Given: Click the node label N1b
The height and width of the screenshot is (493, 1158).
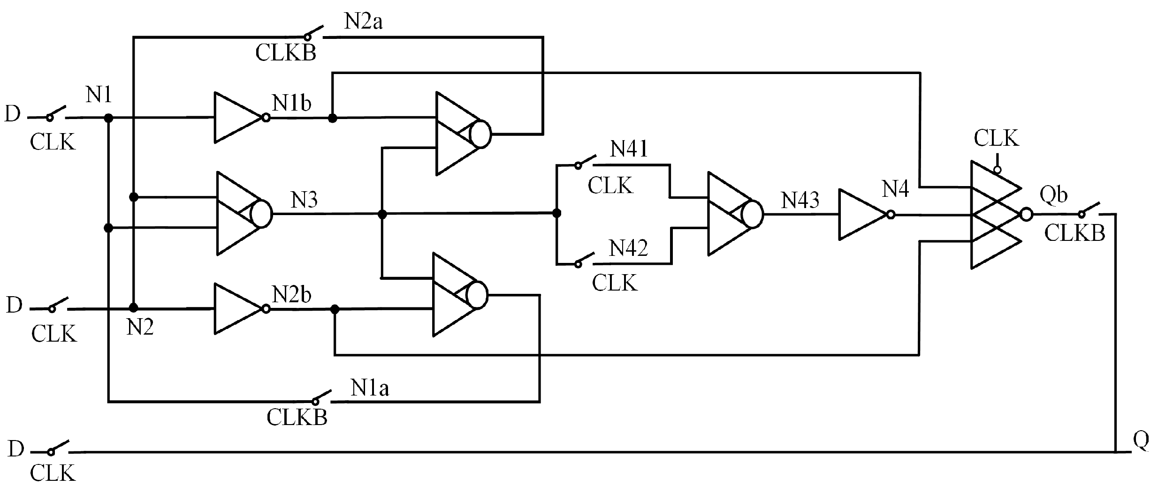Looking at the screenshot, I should point(291,103).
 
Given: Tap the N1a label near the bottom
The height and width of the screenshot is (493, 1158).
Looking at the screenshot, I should point(369,388).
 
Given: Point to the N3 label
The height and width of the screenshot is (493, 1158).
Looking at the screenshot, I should point(304,200).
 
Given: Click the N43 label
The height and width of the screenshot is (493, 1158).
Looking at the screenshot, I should point(800,200).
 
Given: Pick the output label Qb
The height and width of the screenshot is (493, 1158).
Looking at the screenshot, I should point(1053,194).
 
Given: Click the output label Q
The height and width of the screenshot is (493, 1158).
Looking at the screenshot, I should point(1141,441).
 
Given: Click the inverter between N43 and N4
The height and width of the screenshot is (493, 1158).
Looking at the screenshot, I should point(862,215).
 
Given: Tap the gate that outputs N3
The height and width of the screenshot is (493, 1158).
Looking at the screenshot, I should point(242,214).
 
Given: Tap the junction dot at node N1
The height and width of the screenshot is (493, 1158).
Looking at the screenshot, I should point(108,118).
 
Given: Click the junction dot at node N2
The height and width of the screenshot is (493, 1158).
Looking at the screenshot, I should point(134,308).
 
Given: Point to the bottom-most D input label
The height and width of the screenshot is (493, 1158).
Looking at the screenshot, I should point(15,449).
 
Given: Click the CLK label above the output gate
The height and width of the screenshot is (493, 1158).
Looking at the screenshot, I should point(996,139).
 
